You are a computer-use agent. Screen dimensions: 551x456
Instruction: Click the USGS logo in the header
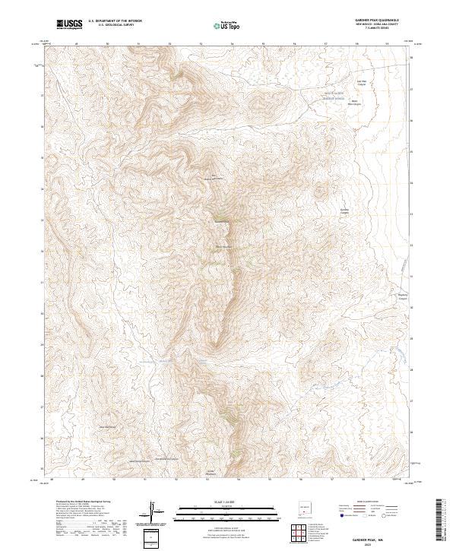69,25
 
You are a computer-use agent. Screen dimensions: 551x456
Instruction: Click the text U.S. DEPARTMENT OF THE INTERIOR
116,22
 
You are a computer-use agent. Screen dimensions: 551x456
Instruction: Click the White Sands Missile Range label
335,96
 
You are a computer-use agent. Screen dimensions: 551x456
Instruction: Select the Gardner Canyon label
344,211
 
